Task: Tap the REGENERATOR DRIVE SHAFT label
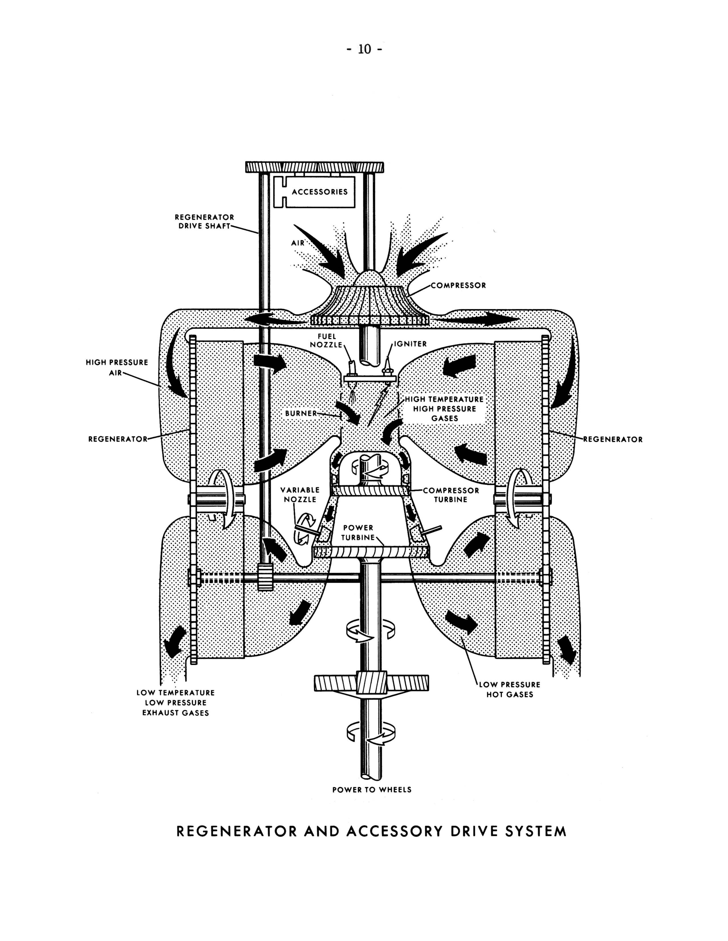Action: tap(204, 222)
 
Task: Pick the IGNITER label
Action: tap(410, 344)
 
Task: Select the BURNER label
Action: tap(301, 413)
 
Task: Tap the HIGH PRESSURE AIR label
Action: tap(117, 367)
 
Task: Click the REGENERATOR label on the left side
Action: tap(118, 439)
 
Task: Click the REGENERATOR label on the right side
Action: tap(613, 439)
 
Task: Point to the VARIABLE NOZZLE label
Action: tap(300, 495)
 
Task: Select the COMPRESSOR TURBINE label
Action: tap(451, 495)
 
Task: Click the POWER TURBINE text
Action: tap(358, 533)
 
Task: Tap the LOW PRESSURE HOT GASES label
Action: tap(510, 689)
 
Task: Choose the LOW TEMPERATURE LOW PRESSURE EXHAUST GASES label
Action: tap(176, 703)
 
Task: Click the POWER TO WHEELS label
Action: tap(372, 790)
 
